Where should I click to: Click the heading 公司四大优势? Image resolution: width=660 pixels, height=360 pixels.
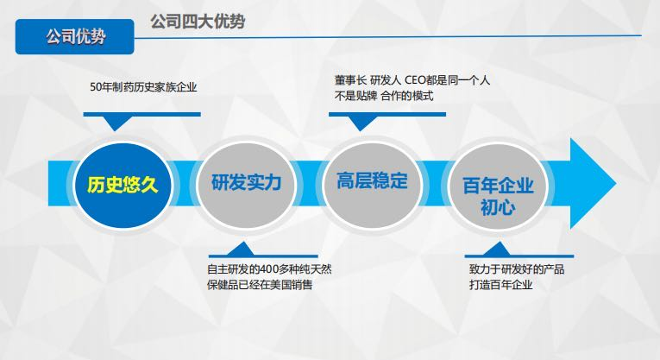(197, 22)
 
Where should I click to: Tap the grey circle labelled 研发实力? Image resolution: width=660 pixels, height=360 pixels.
(246, 184)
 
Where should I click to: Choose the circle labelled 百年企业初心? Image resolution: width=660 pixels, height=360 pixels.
(498, 195)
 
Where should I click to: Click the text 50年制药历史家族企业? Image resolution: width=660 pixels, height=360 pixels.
(143, 87)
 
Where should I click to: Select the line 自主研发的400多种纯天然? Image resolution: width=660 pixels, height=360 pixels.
(269, 268)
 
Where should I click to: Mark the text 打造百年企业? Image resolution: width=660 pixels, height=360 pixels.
(495, 284)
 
